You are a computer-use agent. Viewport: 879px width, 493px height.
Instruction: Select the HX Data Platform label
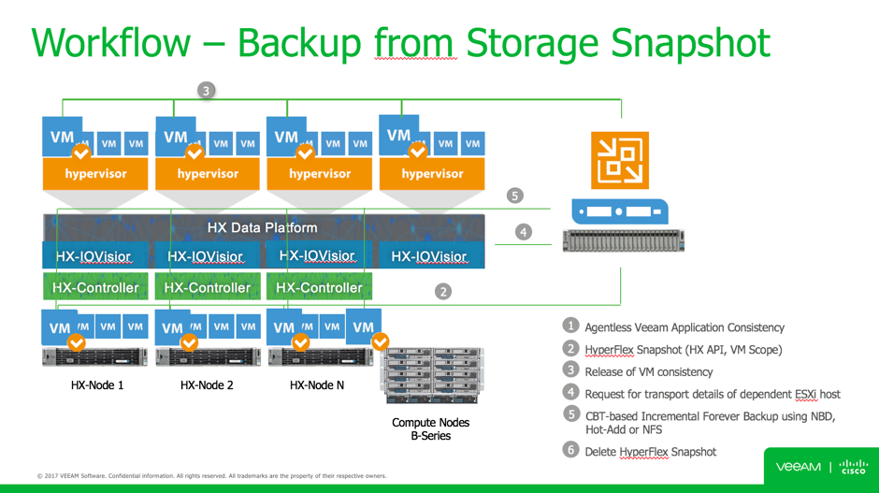pyautogui.click(x=262, y=227)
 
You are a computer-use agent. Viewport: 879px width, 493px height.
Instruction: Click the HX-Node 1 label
pyautogui.click(x=97, y=384)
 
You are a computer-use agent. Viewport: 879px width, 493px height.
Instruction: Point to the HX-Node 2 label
pyautogui.click(x=207, y=384)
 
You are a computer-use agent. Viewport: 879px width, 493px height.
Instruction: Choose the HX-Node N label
pyautogui.click(x=317, y=384)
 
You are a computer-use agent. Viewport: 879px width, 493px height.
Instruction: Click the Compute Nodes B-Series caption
pyautogui.click(x=430, y=428)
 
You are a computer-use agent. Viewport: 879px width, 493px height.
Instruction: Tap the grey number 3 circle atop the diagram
pyautogui.click(x=206, y=90)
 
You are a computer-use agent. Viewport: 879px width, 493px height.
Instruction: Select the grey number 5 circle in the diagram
pyautogui.click(x=514, y=196)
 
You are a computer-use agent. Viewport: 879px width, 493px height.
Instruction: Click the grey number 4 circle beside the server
pyautogui.click(x=523, y=231)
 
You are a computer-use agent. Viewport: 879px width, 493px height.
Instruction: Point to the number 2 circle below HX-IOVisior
pyautogui.click(x=443, y=291)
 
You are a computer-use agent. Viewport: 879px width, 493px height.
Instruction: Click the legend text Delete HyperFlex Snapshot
pyautogui.click(x=650, y=452)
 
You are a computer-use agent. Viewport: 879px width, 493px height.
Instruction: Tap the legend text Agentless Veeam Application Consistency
pyautogui.click(x=684, y=327)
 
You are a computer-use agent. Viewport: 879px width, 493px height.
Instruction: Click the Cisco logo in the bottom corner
pyautogui.click(x=853, y=466)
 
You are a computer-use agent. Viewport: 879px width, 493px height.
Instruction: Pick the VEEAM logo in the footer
pyautogui.click(x=798, y=466)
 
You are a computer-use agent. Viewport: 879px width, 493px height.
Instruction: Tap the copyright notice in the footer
pyautogui.click(x=211, y=476)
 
